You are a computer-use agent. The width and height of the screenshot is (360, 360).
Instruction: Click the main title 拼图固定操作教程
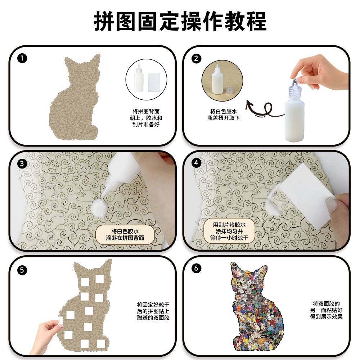(x=180, y=21)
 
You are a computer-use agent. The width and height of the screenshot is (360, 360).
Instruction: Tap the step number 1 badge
(x=22, y=58)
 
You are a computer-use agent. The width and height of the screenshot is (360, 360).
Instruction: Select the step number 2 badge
(x=196, y=58)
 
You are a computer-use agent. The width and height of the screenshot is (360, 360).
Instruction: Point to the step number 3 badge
(x=22, y=163)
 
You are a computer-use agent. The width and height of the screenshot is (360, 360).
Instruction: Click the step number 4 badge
(x=196, y=163)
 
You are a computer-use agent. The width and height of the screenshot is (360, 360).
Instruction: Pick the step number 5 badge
(x=22, y=270)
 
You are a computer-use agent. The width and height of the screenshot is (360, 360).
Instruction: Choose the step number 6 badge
(x=196, y=268)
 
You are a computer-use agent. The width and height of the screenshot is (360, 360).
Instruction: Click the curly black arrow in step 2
(x=264, y=110)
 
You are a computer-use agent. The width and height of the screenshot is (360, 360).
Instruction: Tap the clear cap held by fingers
(x=294, y=89)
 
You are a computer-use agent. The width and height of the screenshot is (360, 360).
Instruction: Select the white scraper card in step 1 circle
(x=154, y=82)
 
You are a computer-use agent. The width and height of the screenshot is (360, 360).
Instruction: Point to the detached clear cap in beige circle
(x=228, y=89)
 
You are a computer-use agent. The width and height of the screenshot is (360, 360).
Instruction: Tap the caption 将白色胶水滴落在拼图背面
(x=125, y=234)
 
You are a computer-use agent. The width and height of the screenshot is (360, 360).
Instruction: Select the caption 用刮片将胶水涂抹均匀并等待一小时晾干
(x=229, y=231)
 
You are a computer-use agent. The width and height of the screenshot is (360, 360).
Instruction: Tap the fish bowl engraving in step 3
(x=51, y=167)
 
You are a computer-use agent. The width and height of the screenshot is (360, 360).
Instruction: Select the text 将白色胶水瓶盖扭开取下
(x=224, y=114)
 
